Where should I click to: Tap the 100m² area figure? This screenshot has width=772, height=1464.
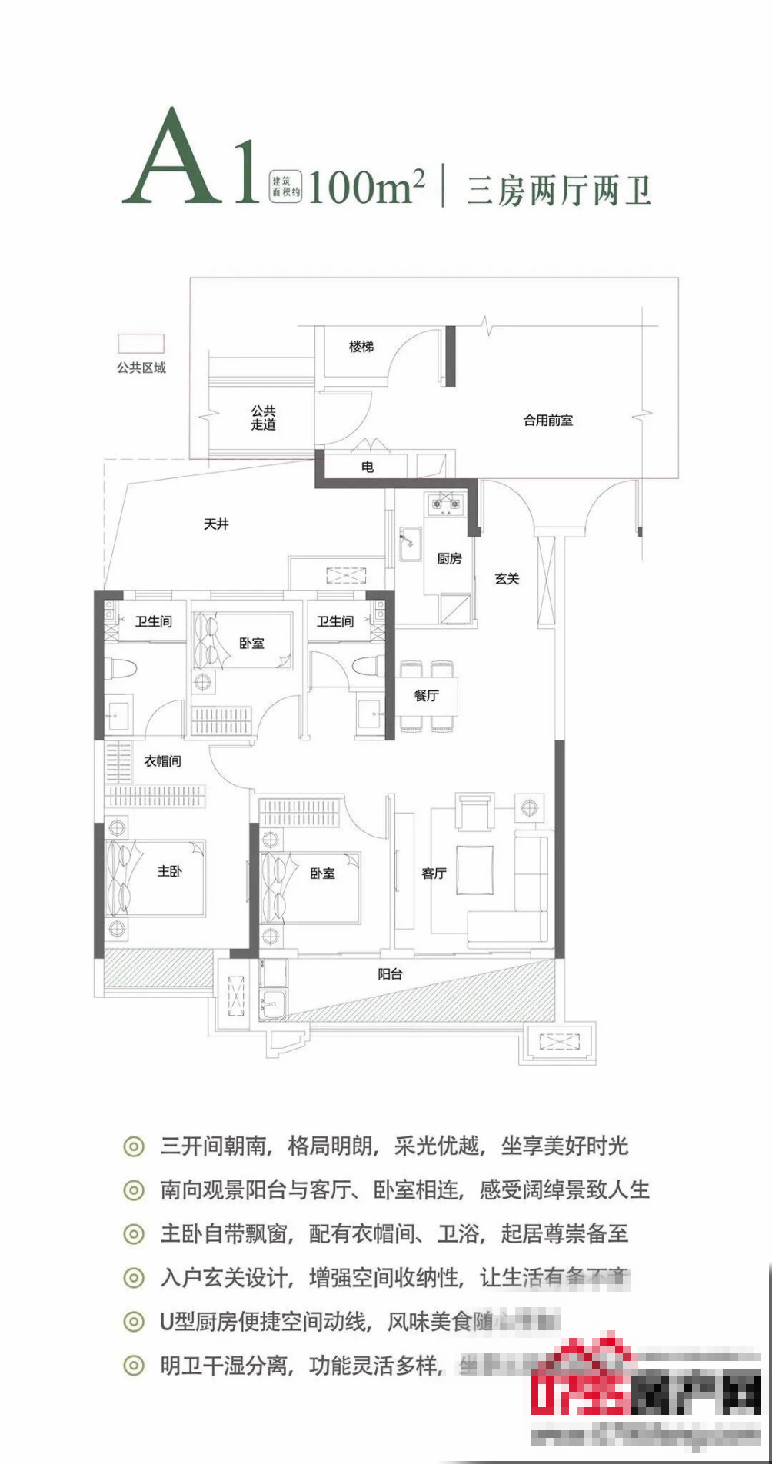click(x=366, y=187)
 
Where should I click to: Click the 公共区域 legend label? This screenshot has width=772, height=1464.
click(x=141, y=368)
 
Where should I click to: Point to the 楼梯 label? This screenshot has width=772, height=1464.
click(x=361, y=347)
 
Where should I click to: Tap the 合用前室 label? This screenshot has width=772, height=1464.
click(x=547, y=421)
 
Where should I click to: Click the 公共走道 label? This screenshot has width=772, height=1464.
click(x=263, y=418)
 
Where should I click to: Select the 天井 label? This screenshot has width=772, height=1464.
click(x=216, y=524)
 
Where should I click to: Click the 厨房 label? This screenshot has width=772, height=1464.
click(x=449, y=558)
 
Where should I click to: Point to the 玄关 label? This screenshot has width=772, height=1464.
click(x=507, y=578)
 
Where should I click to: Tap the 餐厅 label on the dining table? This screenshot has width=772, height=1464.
click(x=427, y=696)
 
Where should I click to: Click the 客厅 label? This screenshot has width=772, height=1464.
click(x=434, y=873)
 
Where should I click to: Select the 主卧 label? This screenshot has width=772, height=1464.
click(x=170, y=871)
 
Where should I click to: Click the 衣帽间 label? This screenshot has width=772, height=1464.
click(x=162, y=761)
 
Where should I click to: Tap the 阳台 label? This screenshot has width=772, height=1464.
click(x=390, y=974)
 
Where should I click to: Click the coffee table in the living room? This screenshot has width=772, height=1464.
click(x=475, y=870)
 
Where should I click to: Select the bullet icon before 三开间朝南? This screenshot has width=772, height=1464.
click(x=134, y=1146)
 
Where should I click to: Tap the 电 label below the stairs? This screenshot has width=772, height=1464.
click(x=368, y=467)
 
